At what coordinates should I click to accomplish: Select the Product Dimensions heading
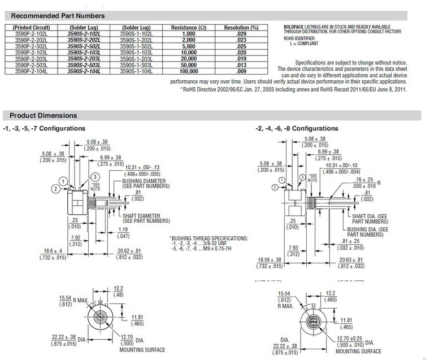click(43, 116)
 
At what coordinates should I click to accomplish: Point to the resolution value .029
click(241, 34)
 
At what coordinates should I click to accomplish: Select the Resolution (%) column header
click(241, 27)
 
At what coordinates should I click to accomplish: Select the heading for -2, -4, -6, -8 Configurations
click(297, 128)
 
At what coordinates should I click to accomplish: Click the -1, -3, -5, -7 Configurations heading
click(45, 128)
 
